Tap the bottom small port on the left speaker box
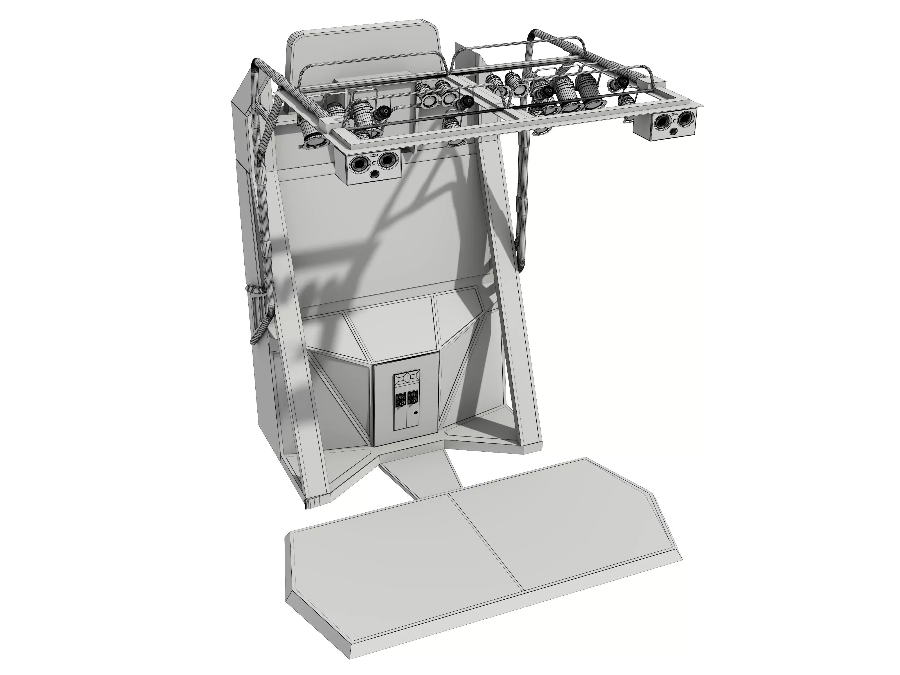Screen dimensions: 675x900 [373, 175]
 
